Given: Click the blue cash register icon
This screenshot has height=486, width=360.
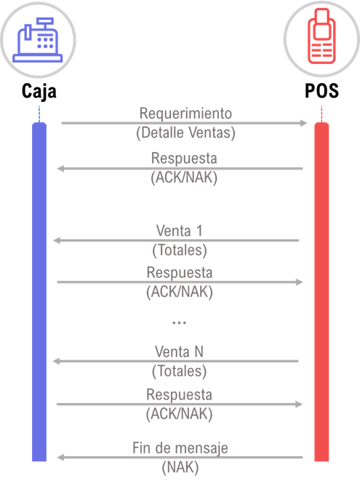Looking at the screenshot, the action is click(38, 40).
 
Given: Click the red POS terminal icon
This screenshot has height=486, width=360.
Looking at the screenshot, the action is click(321, 36).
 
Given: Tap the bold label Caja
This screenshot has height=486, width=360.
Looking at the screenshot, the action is click(39, 91).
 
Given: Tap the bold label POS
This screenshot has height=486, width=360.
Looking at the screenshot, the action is click(321, 90).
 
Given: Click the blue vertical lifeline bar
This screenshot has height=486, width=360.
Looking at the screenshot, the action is click(39, 292).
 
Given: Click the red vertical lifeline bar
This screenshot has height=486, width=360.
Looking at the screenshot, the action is click(321, 292).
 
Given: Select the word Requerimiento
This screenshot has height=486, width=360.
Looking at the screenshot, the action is click(185, 113).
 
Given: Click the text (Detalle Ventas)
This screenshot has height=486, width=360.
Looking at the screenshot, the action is click(186, 132).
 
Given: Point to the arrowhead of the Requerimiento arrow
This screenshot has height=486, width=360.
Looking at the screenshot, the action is click(303, 123).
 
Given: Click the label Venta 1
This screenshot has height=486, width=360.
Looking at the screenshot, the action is click(179, 231).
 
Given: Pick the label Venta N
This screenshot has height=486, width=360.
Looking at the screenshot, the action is click(179, 352).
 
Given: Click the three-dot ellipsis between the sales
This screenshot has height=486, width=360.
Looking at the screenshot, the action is click(179, 322).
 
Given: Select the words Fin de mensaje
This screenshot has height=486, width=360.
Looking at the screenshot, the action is click(180, 448).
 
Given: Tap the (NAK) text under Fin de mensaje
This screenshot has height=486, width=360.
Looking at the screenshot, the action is click(180, 467).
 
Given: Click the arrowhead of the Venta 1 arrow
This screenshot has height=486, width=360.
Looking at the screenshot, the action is click(57, 240).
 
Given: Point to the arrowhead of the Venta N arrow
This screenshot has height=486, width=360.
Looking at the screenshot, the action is click(57, 361).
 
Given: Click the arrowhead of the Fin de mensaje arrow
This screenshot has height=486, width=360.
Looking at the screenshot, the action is click(60, 457).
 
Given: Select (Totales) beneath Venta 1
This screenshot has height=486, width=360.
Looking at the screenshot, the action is click(180, 250).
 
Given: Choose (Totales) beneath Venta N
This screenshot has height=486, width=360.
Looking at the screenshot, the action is click(179, 371).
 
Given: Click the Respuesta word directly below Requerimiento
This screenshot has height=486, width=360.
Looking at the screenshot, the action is click(184, 158).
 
